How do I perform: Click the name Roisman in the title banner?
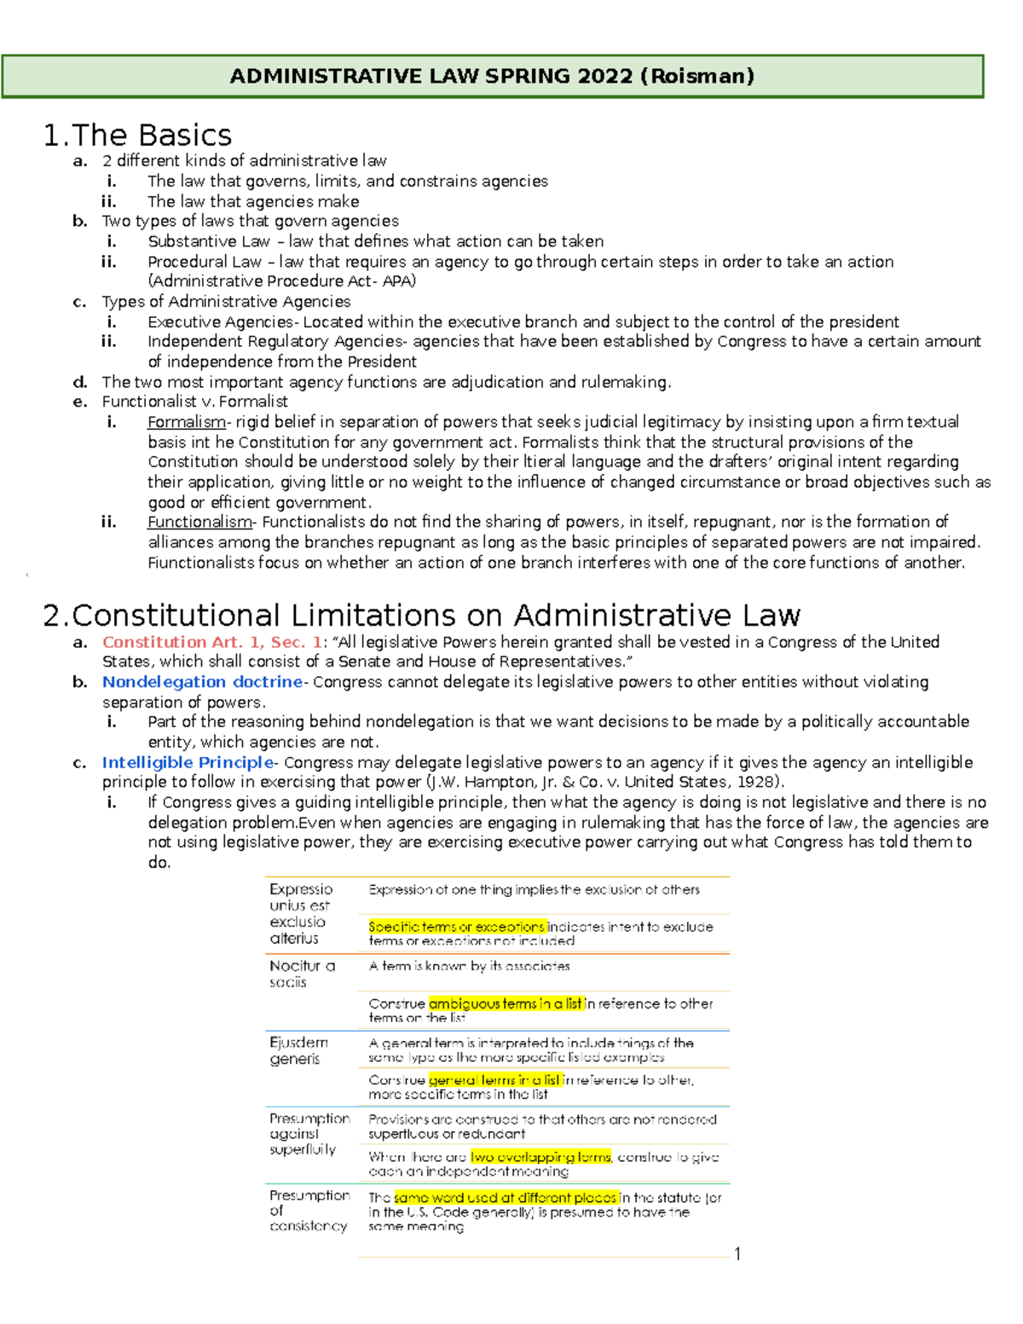(x=699, y=76)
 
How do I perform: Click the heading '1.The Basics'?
(x=137, y=136)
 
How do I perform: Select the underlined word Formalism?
(x=186, y=422)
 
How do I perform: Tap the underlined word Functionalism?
(x=199, y=522)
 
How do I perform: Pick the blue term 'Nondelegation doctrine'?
(x=202, y=682)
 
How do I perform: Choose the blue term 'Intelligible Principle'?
(x=188, y=762)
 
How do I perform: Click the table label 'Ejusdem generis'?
(x=298, y=1050)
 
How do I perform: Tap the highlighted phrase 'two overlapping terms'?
(x=540, y=1157)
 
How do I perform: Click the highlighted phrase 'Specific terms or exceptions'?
(x=456, y=927)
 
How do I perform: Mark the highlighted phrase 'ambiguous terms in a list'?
(x=506, y=1003)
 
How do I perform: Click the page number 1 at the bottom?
(x=737, y=1253)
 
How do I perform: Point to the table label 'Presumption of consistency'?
(x=309, y=1211)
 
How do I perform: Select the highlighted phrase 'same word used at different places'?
(x=506, y=1197)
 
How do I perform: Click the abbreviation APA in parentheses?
(x=396, y=281)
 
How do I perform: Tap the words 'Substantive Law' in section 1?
(x=208, y=241)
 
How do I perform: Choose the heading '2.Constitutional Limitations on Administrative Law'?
(x=421, y=616)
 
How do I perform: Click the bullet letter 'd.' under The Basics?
(x=80, y=382)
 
